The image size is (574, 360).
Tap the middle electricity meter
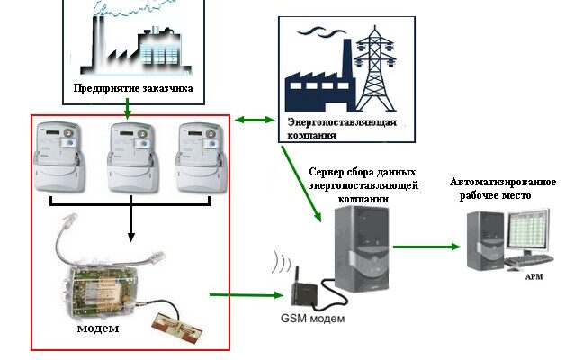130,157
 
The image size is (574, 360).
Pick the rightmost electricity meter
200,157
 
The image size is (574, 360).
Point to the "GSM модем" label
311,319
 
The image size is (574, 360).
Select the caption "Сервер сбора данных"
362,171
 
